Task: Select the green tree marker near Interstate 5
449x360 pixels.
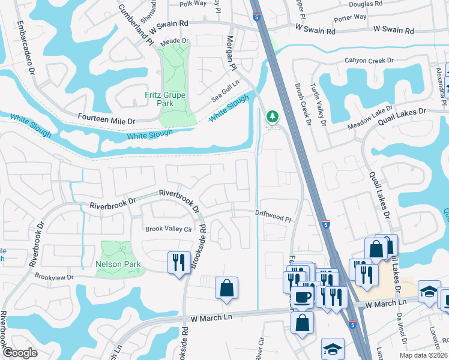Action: [273, 115]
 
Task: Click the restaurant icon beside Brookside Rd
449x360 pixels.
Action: [178, 262]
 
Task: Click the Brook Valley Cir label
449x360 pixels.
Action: [169, 229]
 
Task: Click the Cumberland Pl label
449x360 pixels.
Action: [136, 25]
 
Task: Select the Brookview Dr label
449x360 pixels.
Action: [54, 277]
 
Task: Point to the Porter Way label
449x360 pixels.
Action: [351, 17]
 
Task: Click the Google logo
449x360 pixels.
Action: [20, 353]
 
